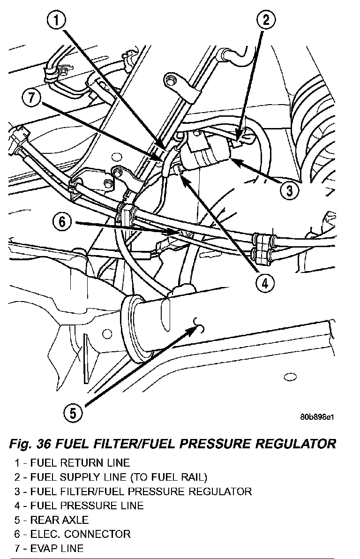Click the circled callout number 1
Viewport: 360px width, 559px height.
pyautogui.click(x=57, y=21)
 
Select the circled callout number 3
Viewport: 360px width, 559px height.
pyautogui.click(x=289, y=190)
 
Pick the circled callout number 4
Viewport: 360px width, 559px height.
pyautogui.click(x=264, y=283)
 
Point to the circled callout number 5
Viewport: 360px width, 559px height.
pyautogui.click(x=72, y=413)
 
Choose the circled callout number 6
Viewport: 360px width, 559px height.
pyautogui.click(x=62, y=222)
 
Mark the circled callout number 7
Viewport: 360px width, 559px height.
pyautogui.click(x=32, y=98)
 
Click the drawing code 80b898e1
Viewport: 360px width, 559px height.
pyautogui.click(x=317, y=417)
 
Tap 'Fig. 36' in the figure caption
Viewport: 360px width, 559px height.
pyautogui.click(x=30, y=444)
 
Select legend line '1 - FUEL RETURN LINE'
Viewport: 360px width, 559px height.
pyautogui.click(x=72, y=463)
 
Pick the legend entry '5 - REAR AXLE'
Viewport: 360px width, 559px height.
pyautogui.click(x=52, y=520)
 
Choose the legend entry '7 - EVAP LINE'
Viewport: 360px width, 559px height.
pyautogui.click(x=49, y=548)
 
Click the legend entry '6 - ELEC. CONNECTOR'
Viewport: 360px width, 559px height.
pyautogui.click(x=73, y=534)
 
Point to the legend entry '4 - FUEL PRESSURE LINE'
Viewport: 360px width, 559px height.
pyautogui.click(x=79, y=506)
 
